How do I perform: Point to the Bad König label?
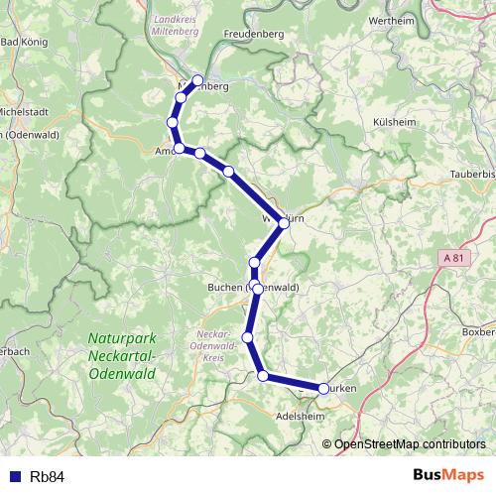[24, 42]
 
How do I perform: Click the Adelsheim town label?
[302, 418]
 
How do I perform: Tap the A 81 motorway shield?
[453, 258]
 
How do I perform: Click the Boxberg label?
[480, 332]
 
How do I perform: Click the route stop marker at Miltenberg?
[197, 80]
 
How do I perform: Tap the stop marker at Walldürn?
[283, 223]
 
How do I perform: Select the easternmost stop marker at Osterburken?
[323, 389]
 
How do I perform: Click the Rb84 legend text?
[48, 477]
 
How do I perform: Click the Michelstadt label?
[19, 110]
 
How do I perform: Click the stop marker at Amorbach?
[179, 148]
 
